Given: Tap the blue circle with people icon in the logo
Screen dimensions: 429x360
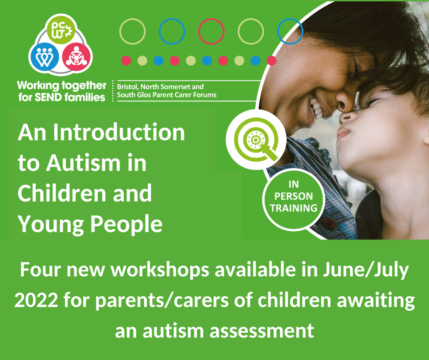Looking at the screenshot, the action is click(44, 57).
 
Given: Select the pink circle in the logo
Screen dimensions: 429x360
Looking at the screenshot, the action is click(76, 57).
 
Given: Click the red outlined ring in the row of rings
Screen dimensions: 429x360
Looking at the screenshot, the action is click(211, 31).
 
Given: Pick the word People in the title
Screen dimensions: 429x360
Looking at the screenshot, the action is click(126, 225).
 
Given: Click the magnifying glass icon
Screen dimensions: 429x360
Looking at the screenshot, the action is click(256, 140).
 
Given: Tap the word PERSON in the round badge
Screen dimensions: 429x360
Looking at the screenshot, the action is click(293, 196).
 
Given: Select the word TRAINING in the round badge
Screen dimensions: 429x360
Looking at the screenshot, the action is click(293, 208).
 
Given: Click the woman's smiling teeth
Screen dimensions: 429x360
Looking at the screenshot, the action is click(316, 108).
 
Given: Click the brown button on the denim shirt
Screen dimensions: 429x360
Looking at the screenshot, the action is click(329, 224).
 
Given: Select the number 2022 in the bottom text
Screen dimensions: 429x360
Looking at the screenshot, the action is click(36, 301).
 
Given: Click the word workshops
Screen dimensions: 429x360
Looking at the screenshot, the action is click(160, 270).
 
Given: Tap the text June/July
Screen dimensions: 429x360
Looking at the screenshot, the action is click(366, 270).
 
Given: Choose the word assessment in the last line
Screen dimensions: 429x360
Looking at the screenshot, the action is click(262, 331).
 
